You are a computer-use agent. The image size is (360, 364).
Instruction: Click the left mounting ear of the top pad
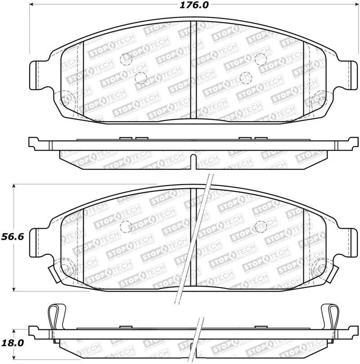coord(38,75)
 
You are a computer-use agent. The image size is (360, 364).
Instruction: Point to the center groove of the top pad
coord(191,70)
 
